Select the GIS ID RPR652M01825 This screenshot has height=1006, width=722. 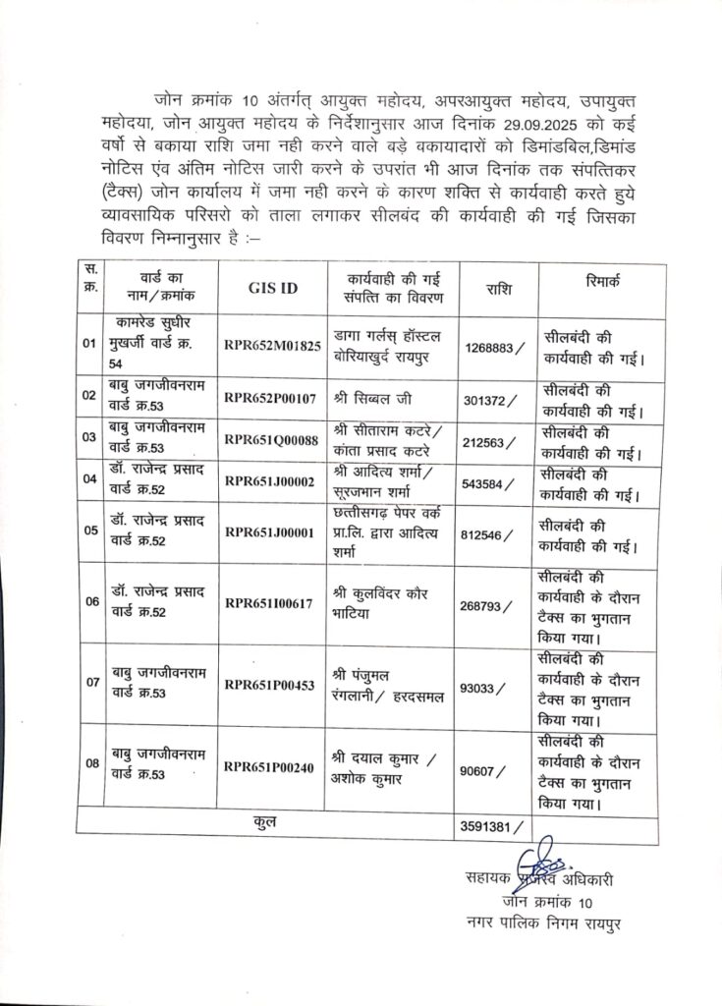(273, 346)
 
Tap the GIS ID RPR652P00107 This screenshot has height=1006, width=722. (271, 398)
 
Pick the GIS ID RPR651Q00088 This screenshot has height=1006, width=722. (272, 441)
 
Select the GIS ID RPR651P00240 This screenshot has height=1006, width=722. (271, 767)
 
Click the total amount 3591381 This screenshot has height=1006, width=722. (493, 827)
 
